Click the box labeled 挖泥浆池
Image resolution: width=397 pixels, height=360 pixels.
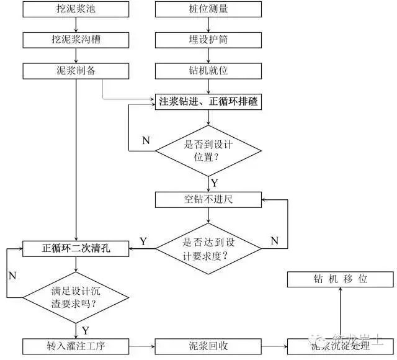pos(76,10)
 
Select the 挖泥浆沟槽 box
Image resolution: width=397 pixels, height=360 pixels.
pos(76,40)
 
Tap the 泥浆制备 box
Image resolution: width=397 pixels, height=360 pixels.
pos(76,70)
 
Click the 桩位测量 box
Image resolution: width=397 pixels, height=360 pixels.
pos(208,10)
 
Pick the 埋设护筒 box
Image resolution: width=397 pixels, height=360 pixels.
pos(208,40)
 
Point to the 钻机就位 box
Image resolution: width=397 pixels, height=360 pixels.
pos(208,70)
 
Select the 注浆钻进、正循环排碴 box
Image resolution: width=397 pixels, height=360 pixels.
pos(208,101)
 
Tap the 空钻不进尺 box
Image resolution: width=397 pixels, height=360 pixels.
pos(208,199)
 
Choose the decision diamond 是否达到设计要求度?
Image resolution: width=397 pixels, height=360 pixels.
pos(208,248)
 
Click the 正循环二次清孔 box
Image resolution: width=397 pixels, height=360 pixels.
pos(76,248)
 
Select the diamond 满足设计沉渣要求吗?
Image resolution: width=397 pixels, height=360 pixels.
pos(76,297)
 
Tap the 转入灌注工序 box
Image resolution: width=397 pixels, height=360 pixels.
pos(76,346)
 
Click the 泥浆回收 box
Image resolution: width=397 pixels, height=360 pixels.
pos(208,346)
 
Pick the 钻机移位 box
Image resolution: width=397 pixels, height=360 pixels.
pos(340,279)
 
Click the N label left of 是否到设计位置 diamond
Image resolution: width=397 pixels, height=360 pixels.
pos(146,140)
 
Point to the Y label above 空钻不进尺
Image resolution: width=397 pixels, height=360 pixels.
pos(215,182)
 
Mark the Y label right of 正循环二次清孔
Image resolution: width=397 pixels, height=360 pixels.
pos(143,241)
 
